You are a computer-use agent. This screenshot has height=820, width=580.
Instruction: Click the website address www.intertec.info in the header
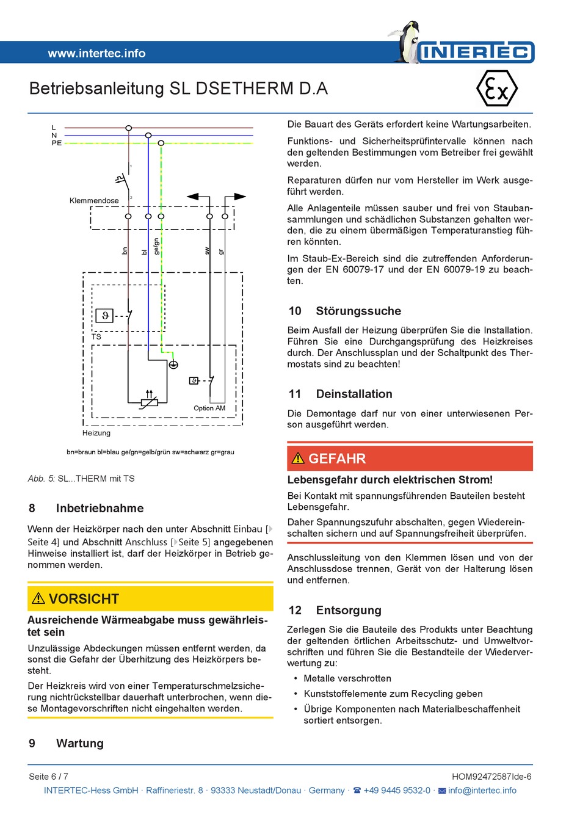(x=96, y=53)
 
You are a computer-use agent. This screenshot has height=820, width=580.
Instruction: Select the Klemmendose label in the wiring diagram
(x=94, y=200)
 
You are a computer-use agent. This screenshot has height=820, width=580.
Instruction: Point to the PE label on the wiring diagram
(x=57, y=143)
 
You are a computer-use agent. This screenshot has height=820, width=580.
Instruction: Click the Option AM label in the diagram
(x=209, y=408)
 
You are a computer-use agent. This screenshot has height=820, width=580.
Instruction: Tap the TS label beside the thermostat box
(x=96, y=336)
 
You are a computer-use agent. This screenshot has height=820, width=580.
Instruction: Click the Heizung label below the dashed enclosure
(x=96, y=433)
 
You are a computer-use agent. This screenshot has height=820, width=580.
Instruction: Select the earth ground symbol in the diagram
(x=173, y=365)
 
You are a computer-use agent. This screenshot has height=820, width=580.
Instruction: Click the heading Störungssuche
(x=358, y=311)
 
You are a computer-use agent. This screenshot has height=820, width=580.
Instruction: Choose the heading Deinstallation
(x=354, y=394)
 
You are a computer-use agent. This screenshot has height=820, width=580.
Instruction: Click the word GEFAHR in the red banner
(x=337, y=459)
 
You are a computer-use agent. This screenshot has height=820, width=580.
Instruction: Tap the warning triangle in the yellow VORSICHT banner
(x=38, y=598)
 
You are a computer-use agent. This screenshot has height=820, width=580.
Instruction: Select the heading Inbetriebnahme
(x=100, y=508)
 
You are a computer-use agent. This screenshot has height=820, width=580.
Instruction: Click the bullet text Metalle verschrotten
(x=347, y=678)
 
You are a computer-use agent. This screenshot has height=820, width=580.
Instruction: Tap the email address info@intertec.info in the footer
(x=482, y=790)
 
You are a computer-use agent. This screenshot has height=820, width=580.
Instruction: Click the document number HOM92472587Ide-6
(x=491, y=777)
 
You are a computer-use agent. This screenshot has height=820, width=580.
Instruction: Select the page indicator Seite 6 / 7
(x=49, y=777)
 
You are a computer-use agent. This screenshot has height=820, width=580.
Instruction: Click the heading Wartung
(x=80, y=743)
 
